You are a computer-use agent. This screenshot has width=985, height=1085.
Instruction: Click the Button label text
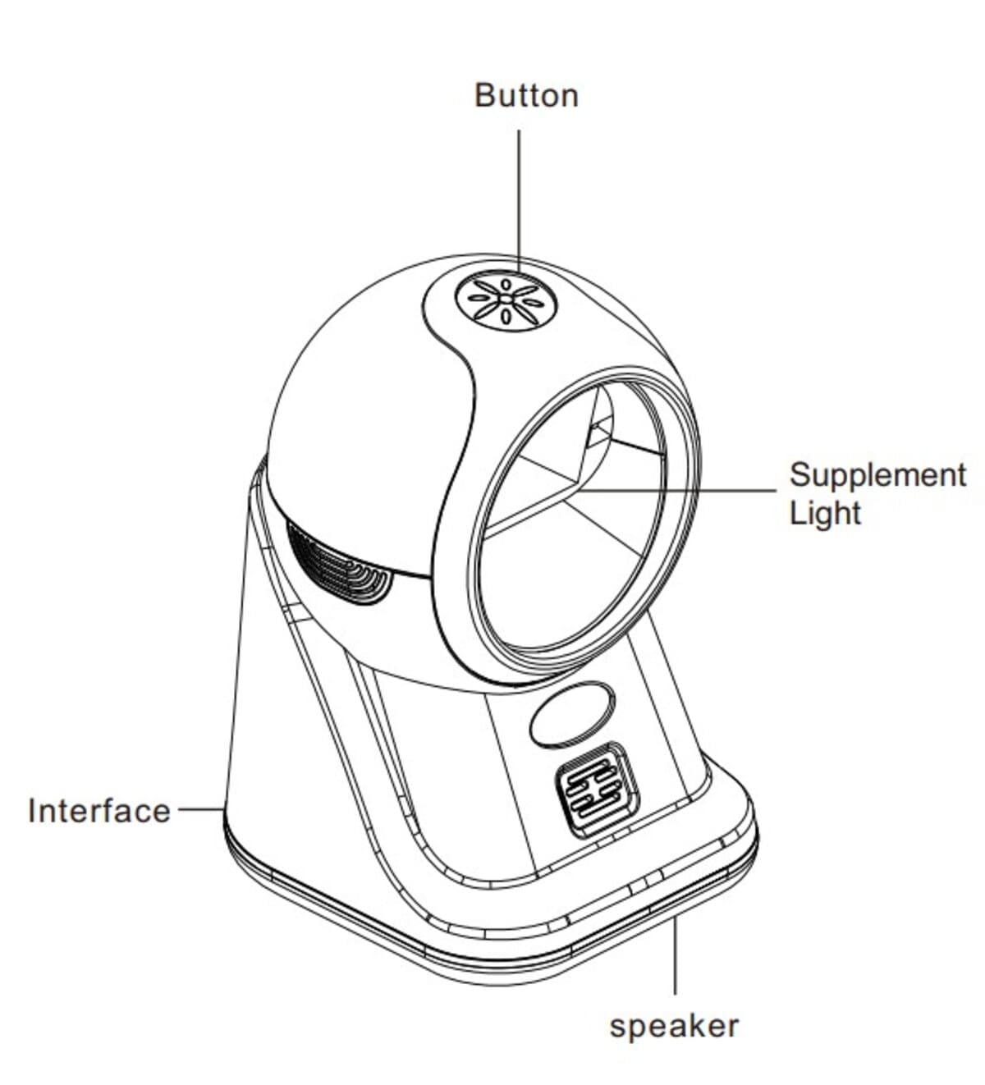coord(526,95)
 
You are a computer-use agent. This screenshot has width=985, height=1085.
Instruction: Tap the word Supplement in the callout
coord(877,475)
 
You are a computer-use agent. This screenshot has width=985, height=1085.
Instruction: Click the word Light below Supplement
coord(825,514)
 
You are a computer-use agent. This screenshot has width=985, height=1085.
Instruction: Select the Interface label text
coord(99,811)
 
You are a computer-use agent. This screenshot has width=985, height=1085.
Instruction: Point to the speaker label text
coord(674,1026)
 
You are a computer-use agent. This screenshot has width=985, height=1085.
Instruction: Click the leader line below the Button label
coord(518,197)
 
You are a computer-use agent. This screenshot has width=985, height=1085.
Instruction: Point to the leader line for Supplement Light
coord(673,491)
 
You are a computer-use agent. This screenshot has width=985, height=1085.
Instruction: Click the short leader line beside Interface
coord(199,809)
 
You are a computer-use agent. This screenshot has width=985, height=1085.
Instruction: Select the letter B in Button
coord(484,95)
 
